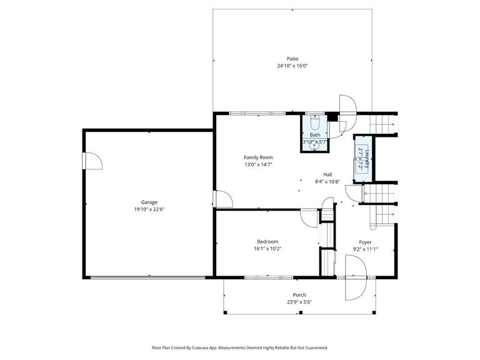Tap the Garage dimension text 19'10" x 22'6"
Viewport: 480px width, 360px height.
[x=149, y=209]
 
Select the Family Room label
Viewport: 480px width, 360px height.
[x=258, y=157]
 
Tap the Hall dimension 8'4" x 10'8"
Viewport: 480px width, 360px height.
[x=327, y=182]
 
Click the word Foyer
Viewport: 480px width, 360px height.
[x=365, y=242]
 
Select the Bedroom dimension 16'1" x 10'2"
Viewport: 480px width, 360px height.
[x=267, y=249]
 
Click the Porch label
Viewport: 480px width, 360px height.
[x=299, y=295]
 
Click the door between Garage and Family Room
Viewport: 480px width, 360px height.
[x=222, y=199]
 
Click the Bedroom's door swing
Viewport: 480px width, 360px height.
[x=309, y=218]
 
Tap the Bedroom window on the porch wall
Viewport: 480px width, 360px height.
[x=269, y=277]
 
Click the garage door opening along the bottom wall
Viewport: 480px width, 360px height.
[x=149, y=277]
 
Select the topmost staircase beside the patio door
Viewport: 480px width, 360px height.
[x=383, y=124]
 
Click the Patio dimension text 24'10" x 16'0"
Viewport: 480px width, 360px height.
[x=292, y=66]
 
